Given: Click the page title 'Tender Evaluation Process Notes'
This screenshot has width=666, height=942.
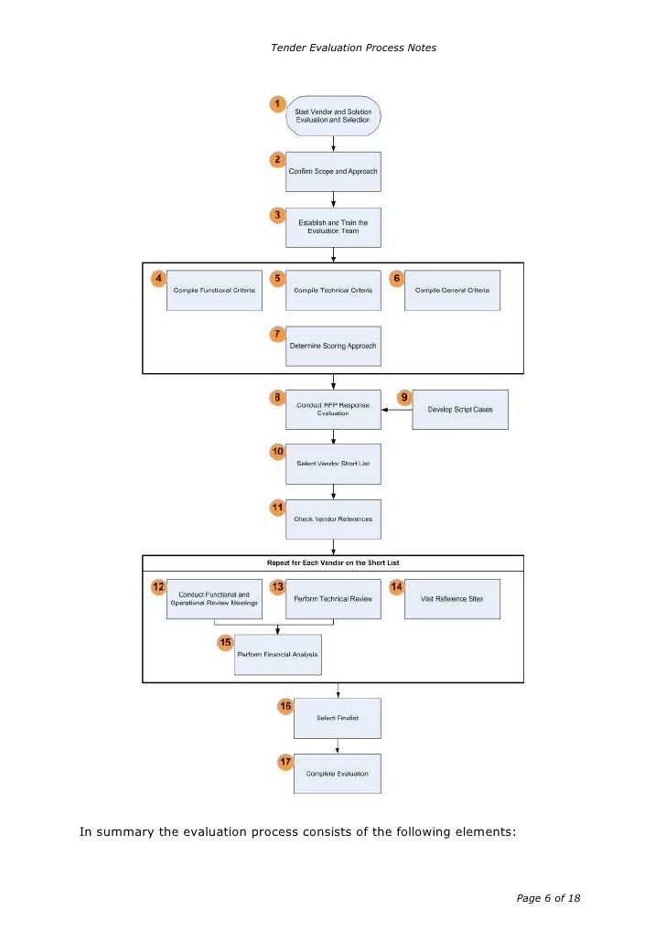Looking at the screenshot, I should [x=353, y=48].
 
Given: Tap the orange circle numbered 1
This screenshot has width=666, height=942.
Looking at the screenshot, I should [x=276, y=104].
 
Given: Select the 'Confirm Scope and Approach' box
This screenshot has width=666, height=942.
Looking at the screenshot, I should [x=333, y=171].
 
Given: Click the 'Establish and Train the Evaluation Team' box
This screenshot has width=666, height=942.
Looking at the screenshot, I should [x=333, y=226].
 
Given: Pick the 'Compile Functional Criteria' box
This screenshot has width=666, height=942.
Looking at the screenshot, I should [x=214, y=290].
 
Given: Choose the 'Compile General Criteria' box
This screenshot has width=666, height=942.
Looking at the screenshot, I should [x=452, y=290].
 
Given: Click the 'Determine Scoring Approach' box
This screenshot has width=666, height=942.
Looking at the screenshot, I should [x=333, y=347].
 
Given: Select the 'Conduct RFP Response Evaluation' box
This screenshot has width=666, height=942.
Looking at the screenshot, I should [x=333, y=409].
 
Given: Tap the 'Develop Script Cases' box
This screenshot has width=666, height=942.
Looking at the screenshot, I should [x=459, y=410].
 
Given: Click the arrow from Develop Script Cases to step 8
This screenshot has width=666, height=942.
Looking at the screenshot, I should [x=396, y=410].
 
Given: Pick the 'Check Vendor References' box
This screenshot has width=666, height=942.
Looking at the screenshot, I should [x=333, y=519].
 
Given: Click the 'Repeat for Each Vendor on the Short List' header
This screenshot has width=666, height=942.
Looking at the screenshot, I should [x=333, y=563].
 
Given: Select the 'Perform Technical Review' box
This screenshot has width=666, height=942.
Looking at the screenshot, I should [x=333, y=599].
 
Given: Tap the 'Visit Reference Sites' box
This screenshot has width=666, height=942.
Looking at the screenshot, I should [x=452, y=599].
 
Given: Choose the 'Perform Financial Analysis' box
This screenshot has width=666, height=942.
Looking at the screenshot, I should [x=279, y=655].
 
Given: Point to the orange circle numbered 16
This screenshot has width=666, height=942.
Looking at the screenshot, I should [x=285, y=706].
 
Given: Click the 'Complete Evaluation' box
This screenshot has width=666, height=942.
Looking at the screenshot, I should [x=337, y=774].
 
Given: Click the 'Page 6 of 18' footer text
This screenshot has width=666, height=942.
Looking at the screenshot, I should [x=548, y=898].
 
